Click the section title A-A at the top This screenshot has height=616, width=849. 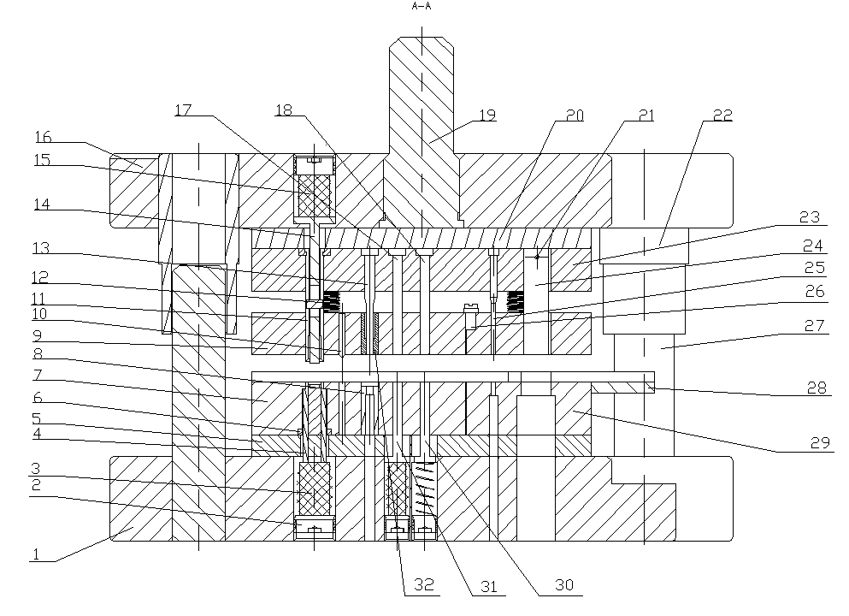[421, 6]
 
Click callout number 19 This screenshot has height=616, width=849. [487, 114]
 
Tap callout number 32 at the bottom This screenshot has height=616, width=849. [425, 585]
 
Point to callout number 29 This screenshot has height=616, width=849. [820, 442]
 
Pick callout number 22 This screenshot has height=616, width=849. [722, 115]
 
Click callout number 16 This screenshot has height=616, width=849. [44, 136]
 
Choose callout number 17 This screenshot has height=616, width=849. [183, 110]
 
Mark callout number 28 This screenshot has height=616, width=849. [817, 388]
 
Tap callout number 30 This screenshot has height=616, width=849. [563, 585]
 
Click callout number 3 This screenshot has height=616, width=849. [36, 470]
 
